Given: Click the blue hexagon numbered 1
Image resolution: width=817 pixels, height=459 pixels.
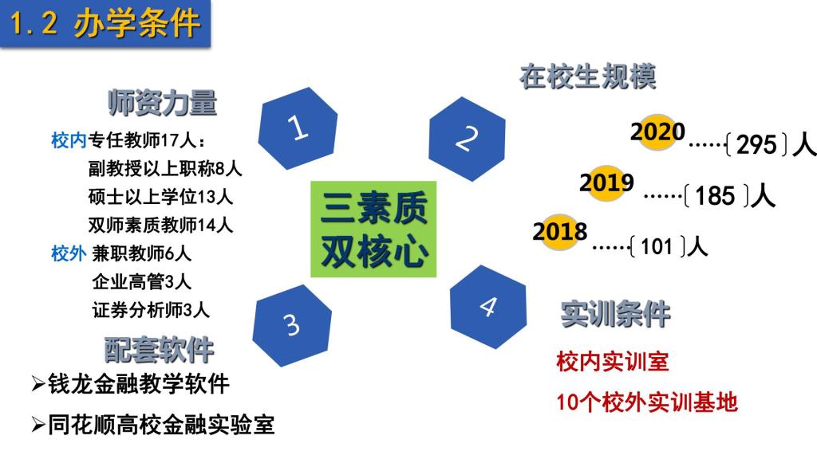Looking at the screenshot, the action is pos(298,128).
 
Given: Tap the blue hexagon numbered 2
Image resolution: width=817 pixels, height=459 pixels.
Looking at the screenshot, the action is pos(467,139).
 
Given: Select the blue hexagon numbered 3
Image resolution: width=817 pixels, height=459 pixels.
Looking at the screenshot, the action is pos(292,325).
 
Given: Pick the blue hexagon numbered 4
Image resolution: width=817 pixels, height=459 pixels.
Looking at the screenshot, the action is pos(488,307).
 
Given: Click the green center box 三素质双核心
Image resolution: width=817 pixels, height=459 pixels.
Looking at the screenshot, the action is pos(373,229).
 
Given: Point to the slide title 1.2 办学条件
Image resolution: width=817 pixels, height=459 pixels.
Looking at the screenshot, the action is pos(105,24).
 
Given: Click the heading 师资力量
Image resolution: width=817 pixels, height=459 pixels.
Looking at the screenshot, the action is pos(162,103).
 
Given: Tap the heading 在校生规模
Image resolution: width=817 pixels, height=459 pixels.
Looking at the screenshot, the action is pos(587,77).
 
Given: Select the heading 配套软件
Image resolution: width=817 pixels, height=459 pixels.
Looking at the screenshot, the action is pos(159,350).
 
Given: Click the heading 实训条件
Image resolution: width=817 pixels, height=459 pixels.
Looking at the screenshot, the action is pos(615,314).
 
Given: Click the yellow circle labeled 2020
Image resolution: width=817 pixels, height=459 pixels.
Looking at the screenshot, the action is pos(658,131).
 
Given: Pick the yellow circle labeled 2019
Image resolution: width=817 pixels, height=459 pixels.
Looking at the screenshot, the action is pos(607,182).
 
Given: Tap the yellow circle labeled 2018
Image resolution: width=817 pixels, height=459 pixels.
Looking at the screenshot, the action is pos(560,232).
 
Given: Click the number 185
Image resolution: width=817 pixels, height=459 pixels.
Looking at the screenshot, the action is pos(715,196).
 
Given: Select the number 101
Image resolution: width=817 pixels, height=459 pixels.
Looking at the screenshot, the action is pos(657,247).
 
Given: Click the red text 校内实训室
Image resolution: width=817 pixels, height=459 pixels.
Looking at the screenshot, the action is pos(612,362).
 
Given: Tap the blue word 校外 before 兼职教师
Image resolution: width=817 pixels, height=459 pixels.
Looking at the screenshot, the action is pos(69,254).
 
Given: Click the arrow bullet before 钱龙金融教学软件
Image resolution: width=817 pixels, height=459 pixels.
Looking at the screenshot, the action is pos(38,385).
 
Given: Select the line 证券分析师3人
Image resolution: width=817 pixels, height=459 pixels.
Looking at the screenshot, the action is pos(151,310).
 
